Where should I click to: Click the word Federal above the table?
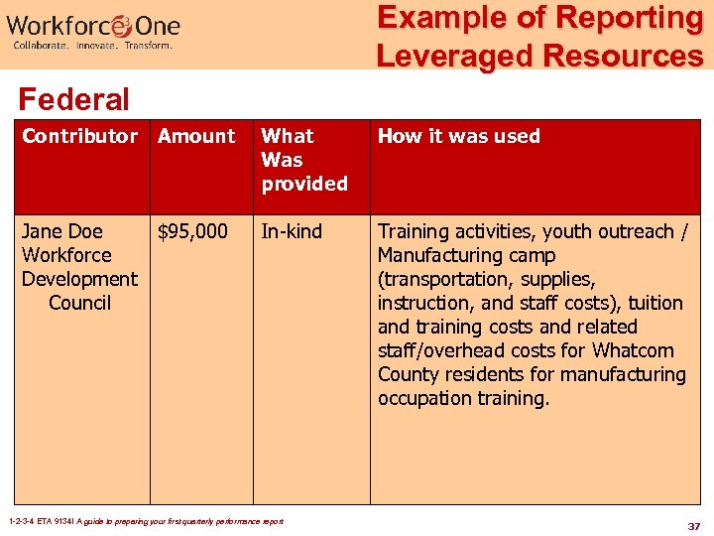73,99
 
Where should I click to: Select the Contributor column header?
79,136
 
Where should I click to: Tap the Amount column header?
196,136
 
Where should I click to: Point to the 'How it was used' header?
458,136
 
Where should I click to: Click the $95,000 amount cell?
192,231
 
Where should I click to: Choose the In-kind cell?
292,231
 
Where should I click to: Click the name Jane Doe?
61,231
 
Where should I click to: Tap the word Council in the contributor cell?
79,303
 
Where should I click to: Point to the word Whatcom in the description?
633,350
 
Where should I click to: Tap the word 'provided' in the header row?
304,184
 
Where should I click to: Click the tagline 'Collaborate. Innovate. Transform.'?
92,46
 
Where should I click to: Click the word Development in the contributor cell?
79,279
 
